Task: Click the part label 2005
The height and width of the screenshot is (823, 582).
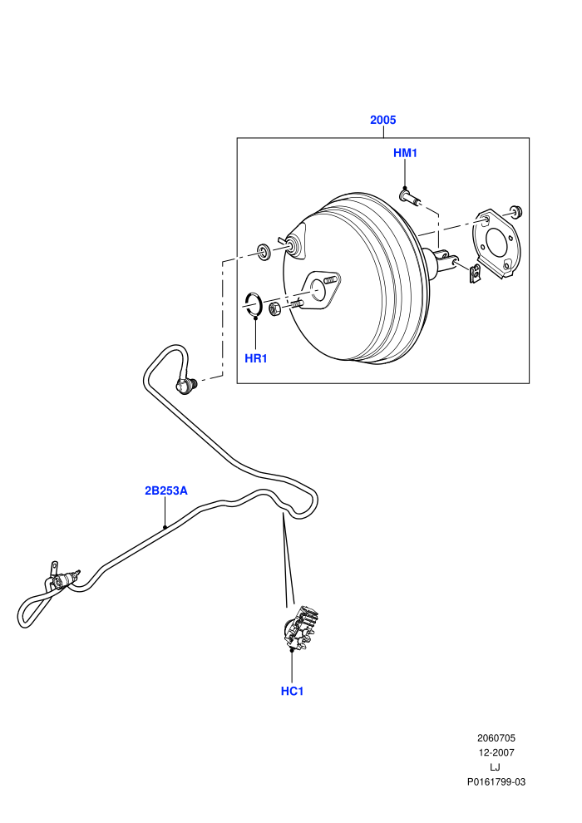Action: tap(382, 120)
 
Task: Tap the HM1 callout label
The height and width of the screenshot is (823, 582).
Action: tap(405, 153)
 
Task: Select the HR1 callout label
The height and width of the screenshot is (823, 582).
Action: tap(256, 358)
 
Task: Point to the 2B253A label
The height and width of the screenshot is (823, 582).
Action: tap(165, 490)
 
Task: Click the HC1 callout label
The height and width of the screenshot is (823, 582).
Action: tap(292, 692)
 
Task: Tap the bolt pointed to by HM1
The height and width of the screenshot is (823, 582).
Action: tap(412, 199)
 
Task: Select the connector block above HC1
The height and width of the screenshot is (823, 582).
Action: tap(300, 626)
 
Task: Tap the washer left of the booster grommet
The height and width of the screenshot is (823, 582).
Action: tap(263, 250)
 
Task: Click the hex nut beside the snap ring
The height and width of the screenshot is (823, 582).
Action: tap(275, 308)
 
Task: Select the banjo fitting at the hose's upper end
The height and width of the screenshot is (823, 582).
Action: tap(185, 386)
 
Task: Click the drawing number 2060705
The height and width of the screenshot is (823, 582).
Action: tap(496, 738)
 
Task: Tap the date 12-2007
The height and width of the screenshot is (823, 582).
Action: tap(496, 752)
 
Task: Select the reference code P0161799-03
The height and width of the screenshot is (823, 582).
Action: tap(496, 782)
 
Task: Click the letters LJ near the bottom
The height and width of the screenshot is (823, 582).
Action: tap(495, 767)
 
